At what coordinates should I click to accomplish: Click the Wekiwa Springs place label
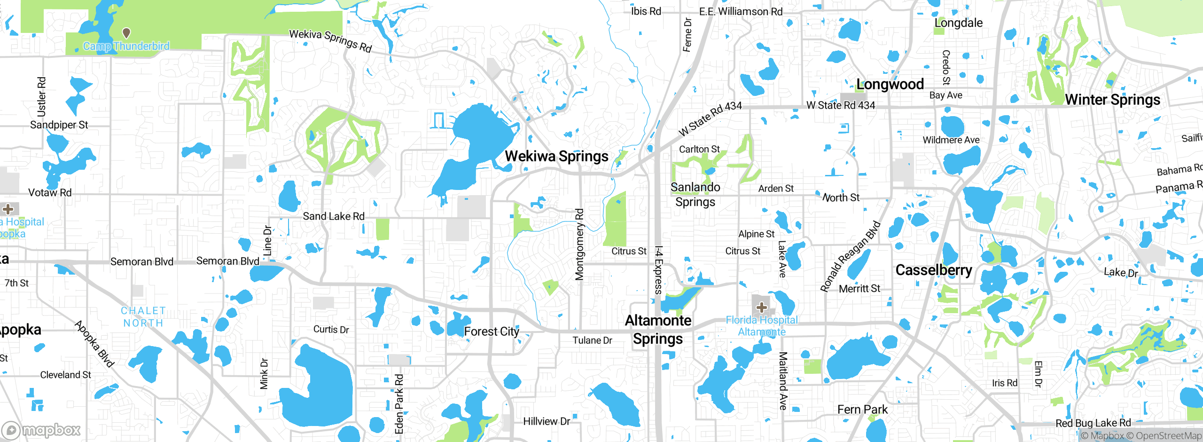point(556,156)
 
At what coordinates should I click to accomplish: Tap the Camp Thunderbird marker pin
point(126,33)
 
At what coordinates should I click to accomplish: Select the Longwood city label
point(890,84)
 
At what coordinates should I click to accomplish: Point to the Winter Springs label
point(1112,100)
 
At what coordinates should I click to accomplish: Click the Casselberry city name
point(933,270)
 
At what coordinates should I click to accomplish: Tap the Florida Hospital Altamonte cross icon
point(761,308)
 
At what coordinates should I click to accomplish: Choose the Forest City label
point(492,331)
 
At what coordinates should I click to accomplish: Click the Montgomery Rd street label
point(580,245)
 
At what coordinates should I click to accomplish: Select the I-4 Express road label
point(658,270)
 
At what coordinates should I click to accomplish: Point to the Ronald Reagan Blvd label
point(850,256)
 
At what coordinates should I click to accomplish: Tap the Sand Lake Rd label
point(333,216)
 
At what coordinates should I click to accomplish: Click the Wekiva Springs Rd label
point(330,40)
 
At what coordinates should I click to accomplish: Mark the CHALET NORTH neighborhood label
point(143,317)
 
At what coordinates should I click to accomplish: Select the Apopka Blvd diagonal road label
point(94,344)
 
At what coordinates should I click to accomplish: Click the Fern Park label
point(862,410)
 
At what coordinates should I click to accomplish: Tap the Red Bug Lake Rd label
point(1093,423)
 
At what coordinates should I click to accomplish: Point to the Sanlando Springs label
point(695,195)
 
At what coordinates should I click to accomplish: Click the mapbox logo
point(41,430)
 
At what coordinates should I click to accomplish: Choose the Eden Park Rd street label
point(399,403)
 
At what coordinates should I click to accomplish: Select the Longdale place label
point(958,23)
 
